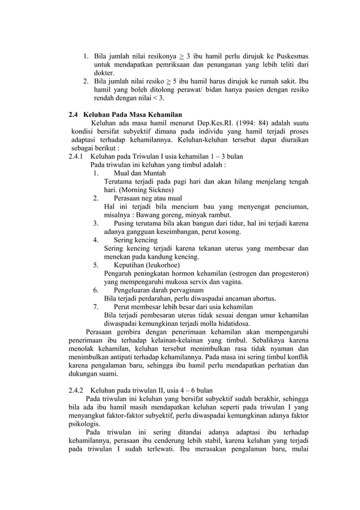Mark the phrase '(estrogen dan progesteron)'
point(263,273)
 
